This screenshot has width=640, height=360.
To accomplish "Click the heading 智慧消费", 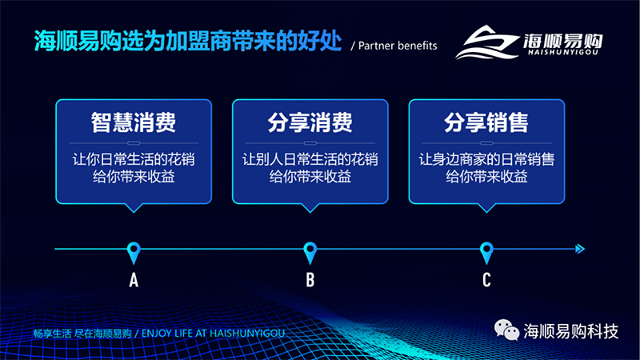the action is pyautogui.click(x=134, y=122).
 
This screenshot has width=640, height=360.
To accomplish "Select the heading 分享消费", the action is pyautogui.click(x=310, y=122).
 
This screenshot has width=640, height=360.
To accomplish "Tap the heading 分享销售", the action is pyautogui.click(x=486, y=122).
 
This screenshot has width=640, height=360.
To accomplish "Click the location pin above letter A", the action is pyautogui.click(x=134, y=253).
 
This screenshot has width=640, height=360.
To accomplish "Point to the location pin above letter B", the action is pyautogui.click(x=310, y=253).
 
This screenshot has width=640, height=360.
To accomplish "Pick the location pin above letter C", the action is pyautogui.click(x=486, y=253).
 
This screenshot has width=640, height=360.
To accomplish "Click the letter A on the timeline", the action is pyautogui.click(x=134, y=280).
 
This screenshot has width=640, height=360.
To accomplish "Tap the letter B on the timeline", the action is pyautogui.click(x=310, y=280).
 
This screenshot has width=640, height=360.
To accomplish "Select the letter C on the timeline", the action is pyautogui.click(x=486, y=280).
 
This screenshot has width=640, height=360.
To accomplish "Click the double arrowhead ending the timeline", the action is pyautogui.click(x=580, y=249).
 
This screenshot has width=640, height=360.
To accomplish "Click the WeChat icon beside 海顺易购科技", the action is pyautogui.click(x=506, y=330).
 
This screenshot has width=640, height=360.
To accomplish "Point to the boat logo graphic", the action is pyautogui.click(x=486, y=42).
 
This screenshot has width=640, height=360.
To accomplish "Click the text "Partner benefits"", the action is pyautogui.click(x=398, y=46).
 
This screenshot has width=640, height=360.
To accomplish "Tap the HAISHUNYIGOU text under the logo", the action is pyautogui.click(x=563, y=52).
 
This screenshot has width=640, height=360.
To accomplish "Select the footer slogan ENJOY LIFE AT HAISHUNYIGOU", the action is pyautogui.click(x=213, y=334).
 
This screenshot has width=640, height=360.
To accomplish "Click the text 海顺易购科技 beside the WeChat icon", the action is pyautogui.click(x=570, y=331).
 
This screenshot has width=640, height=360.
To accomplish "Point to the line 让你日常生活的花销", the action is pyautogui.click(x=134, y=159).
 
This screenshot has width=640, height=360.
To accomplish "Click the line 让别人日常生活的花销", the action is pyautogui.click(x=310, y=159).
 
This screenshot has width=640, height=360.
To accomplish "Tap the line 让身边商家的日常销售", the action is pyautogui.click(x=486, y=159).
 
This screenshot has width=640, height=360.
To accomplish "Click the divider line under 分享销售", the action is pyautogui.click(x=486, y=143).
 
